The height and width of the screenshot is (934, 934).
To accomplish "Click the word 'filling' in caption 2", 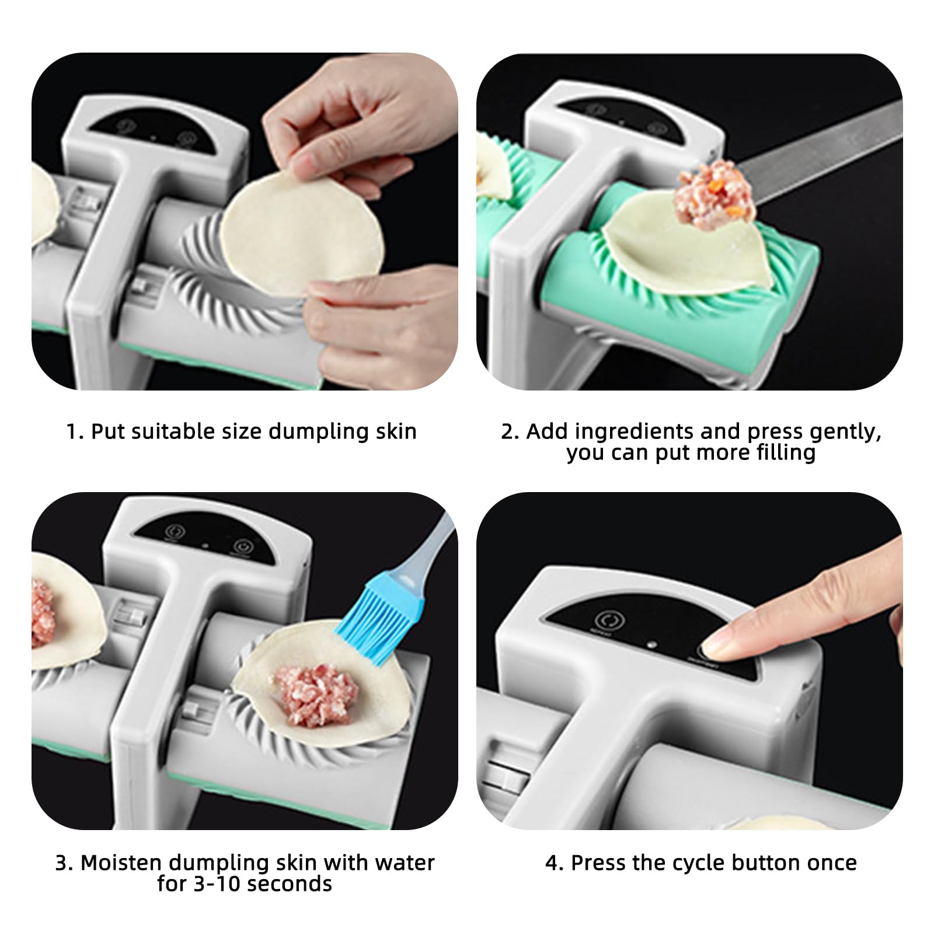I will pyautogui.click(x=786, y=452).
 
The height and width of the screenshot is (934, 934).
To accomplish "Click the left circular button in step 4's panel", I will pyautogui.click(x=605, y=621).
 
